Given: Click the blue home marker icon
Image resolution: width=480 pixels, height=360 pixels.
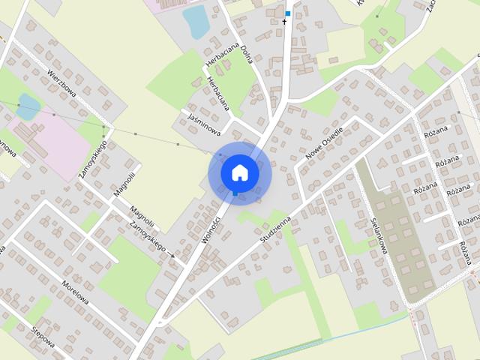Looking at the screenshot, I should click(239, 172).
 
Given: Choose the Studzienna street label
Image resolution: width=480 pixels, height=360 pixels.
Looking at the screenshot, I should click(275, 223).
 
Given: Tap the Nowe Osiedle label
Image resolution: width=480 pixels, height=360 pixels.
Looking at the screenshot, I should click(324, 144).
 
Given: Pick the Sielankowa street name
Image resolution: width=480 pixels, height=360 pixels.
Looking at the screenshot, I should click(379, 235).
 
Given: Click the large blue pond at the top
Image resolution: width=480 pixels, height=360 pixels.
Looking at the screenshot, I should click(197, 22).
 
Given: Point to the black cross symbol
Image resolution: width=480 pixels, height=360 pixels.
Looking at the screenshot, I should click(284, 22).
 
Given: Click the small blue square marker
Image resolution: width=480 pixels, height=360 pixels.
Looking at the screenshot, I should click(287, 13).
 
